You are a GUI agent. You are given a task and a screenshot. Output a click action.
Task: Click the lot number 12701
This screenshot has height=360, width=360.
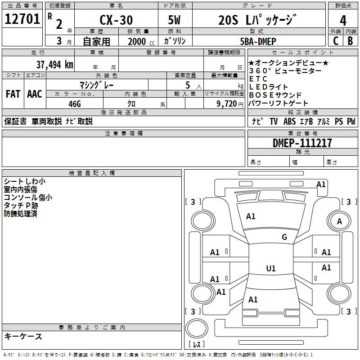point(22,19)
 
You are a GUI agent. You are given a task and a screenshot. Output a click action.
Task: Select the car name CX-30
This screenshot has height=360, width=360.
point(116,20)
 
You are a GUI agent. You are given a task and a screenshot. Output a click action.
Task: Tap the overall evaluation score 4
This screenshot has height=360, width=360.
point(343,20)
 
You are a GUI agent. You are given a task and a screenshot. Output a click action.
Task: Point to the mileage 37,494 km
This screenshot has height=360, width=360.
point(55,65)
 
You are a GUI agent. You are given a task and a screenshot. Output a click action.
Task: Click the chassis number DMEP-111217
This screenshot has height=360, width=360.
point(302,143)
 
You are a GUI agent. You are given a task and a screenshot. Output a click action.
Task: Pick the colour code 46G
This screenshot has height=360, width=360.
point(75,104)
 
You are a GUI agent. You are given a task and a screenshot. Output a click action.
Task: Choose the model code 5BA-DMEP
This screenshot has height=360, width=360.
point(258,41)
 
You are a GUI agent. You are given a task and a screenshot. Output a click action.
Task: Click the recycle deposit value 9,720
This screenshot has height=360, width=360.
point(227,104)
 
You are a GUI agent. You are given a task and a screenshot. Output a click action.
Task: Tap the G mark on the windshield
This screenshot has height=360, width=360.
point(284,237)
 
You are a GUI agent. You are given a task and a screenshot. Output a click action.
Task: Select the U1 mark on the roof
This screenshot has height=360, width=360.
point(271,268)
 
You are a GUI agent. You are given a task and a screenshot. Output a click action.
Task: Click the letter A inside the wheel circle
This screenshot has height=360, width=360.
point(339,221)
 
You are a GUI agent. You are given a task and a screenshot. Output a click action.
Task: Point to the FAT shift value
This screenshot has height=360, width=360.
point(13,94)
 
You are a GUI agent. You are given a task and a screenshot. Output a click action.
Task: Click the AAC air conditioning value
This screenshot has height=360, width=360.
point(35,94)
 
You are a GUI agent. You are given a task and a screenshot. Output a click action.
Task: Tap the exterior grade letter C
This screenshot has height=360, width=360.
point(336,41)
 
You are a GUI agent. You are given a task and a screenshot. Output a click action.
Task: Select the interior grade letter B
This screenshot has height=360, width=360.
point(351,41)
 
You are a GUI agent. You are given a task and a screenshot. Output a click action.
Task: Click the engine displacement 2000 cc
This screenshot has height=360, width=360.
point(141,41)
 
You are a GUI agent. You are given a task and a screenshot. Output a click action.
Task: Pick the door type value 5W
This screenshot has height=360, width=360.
point(174,20)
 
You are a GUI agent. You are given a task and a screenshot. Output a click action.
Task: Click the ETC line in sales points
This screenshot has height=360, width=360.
point(258,79)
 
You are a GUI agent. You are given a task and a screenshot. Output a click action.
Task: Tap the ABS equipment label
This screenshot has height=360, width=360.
point(289,121)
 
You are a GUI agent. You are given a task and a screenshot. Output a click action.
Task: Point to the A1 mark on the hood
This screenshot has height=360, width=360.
point(251,216)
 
